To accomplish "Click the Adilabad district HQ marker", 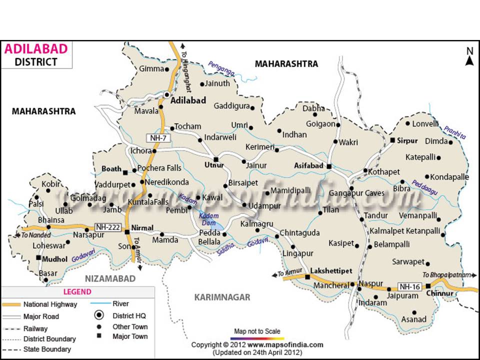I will pos(167,94).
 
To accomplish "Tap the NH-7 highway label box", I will pos(155,137).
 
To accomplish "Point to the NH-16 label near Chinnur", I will pos(409,286).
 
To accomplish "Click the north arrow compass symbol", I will pos(469,56).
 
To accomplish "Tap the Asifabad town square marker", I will pos(329,166).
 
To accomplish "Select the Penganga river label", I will pos(221,67).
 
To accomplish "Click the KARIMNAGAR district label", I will pos(222,297).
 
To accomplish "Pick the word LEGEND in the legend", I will pos(77,291).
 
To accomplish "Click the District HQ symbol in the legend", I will pos(99,315).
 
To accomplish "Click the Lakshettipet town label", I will pos(331,270).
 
